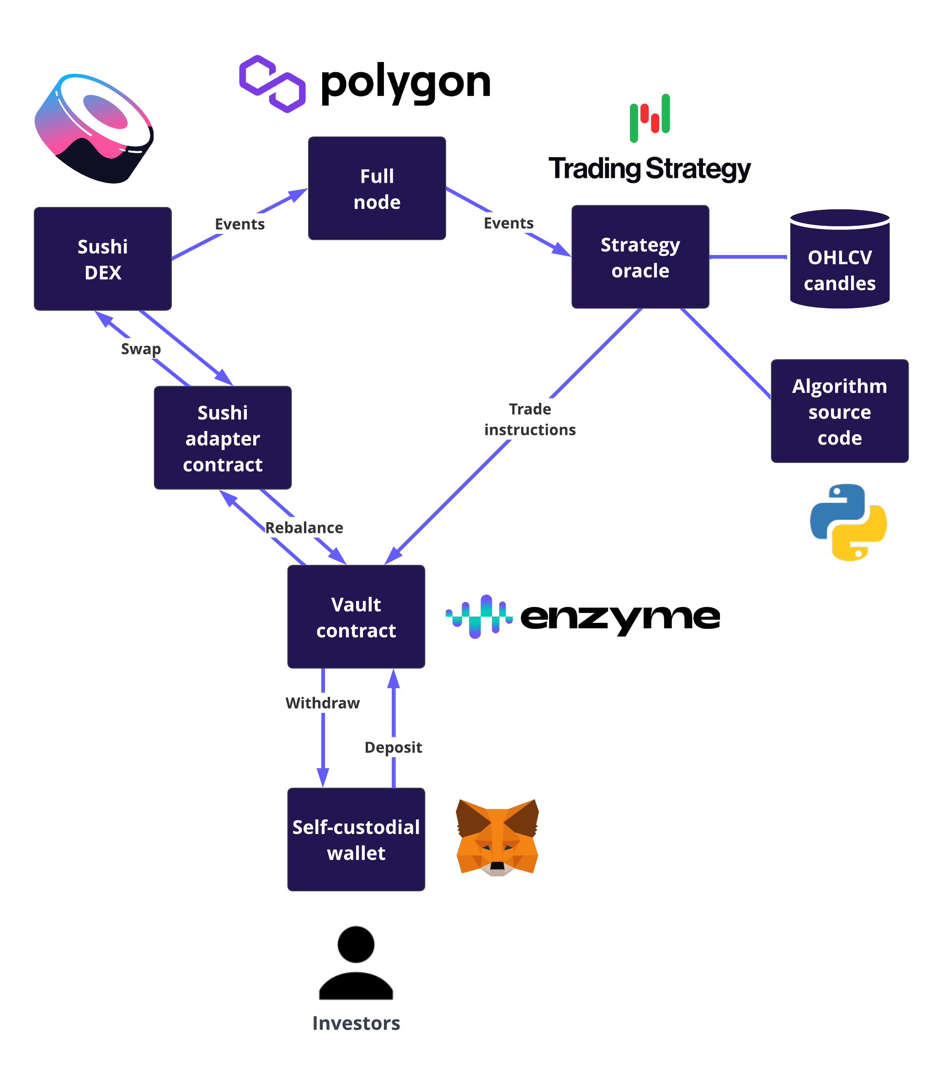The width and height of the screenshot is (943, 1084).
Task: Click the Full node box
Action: tap(377, 188)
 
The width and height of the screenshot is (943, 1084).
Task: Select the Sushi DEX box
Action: tap(102, 259)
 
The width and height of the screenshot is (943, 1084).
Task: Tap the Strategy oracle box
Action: tap(640, 257)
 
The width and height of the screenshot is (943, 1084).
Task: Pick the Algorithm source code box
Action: tap(839, 411)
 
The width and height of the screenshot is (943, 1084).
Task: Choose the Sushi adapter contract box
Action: tap(223, 438)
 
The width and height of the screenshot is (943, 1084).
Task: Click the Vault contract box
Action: tap(356, 617)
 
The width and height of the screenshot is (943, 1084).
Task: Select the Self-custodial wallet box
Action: tap(356, 840)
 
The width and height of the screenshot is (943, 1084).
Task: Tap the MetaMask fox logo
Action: tap(497, 838)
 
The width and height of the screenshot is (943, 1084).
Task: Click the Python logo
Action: tap(848, 522)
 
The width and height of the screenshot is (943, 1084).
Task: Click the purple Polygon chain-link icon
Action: tap(272, 84)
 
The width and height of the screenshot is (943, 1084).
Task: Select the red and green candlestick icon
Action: tap(650, 118)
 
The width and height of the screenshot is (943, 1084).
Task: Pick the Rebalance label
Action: tap(304, 528)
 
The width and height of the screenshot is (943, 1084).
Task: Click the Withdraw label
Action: tap(323, 703)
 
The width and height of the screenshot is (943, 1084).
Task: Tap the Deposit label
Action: tap(393, 747)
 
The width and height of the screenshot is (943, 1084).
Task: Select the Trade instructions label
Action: tap(529, 420)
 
